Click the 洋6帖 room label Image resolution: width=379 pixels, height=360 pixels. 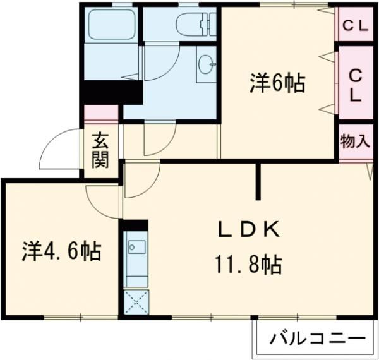pos(277,83)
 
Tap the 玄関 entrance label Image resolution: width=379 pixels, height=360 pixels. pos(100,150)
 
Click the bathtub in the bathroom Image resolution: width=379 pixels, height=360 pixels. pos(110,25)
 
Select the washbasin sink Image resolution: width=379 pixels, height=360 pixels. pos(206,63)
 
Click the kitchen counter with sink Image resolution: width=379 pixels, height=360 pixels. pos(135,258)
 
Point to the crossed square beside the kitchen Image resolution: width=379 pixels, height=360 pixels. pos(135,302)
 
